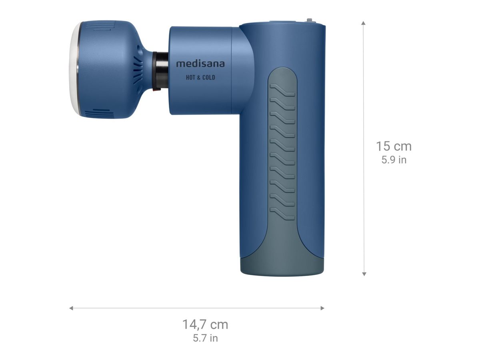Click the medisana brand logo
(200, 64)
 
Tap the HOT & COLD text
(200, 78)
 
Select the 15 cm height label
(393, 146)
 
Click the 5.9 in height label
(394, 160)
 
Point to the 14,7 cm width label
(205, 324)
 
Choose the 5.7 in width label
(205, 338)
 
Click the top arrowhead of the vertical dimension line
(364, 23)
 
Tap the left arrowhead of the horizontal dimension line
(71, 308)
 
